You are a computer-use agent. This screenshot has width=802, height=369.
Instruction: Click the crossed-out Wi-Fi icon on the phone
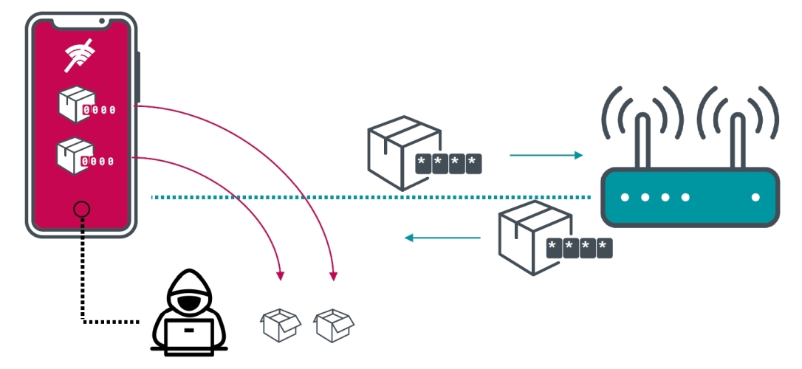coord(80,55)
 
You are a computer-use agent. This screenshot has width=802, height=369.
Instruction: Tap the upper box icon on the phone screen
coord(77,104)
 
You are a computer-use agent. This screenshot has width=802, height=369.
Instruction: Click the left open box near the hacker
coord(281,325)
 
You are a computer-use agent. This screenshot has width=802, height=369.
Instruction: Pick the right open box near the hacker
coord(334,325)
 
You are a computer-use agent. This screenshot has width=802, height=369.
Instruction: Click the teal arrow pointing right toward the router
coord(546,155)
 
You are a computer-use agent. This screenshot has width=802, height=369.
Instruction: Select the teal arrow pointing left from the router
coord(442,237)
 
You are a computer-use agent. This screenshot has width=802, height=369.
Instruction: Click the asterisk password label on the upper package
coord(448,164)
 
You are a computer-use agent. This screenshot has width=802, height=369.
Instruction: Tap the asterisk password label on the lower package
coord(579,248)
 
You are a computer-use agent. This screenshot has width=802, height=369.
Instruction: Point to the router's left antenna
coord(642,140)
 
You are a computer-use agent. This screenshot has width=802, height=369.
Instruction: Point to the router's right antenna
coord(737,140)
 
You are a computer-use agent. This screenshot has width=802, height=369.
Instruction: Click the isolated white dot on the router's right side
coord(755,197)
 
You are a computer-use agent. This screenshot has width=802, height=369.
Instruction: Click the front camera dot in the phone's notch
coord(102,21)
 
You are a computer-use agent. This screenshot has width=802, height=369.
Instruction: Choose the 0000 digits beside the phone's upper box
coord(99,110)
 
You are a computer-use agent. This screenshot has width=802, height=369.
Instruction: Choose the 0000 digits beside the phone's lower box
coord(97,162)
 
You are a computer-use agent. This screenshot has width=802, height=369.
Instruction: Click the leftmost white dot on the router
coord(625,197)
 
